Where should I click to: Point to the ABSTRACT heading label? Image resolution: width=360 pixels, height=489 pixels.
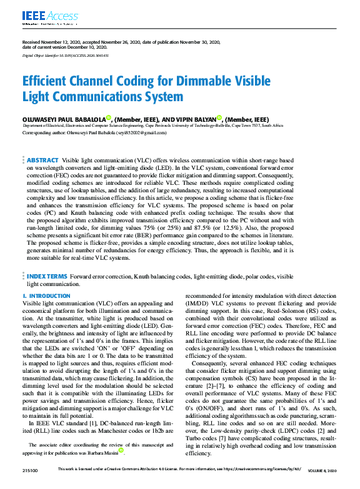pyautogui.click(x=43, y=161)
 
